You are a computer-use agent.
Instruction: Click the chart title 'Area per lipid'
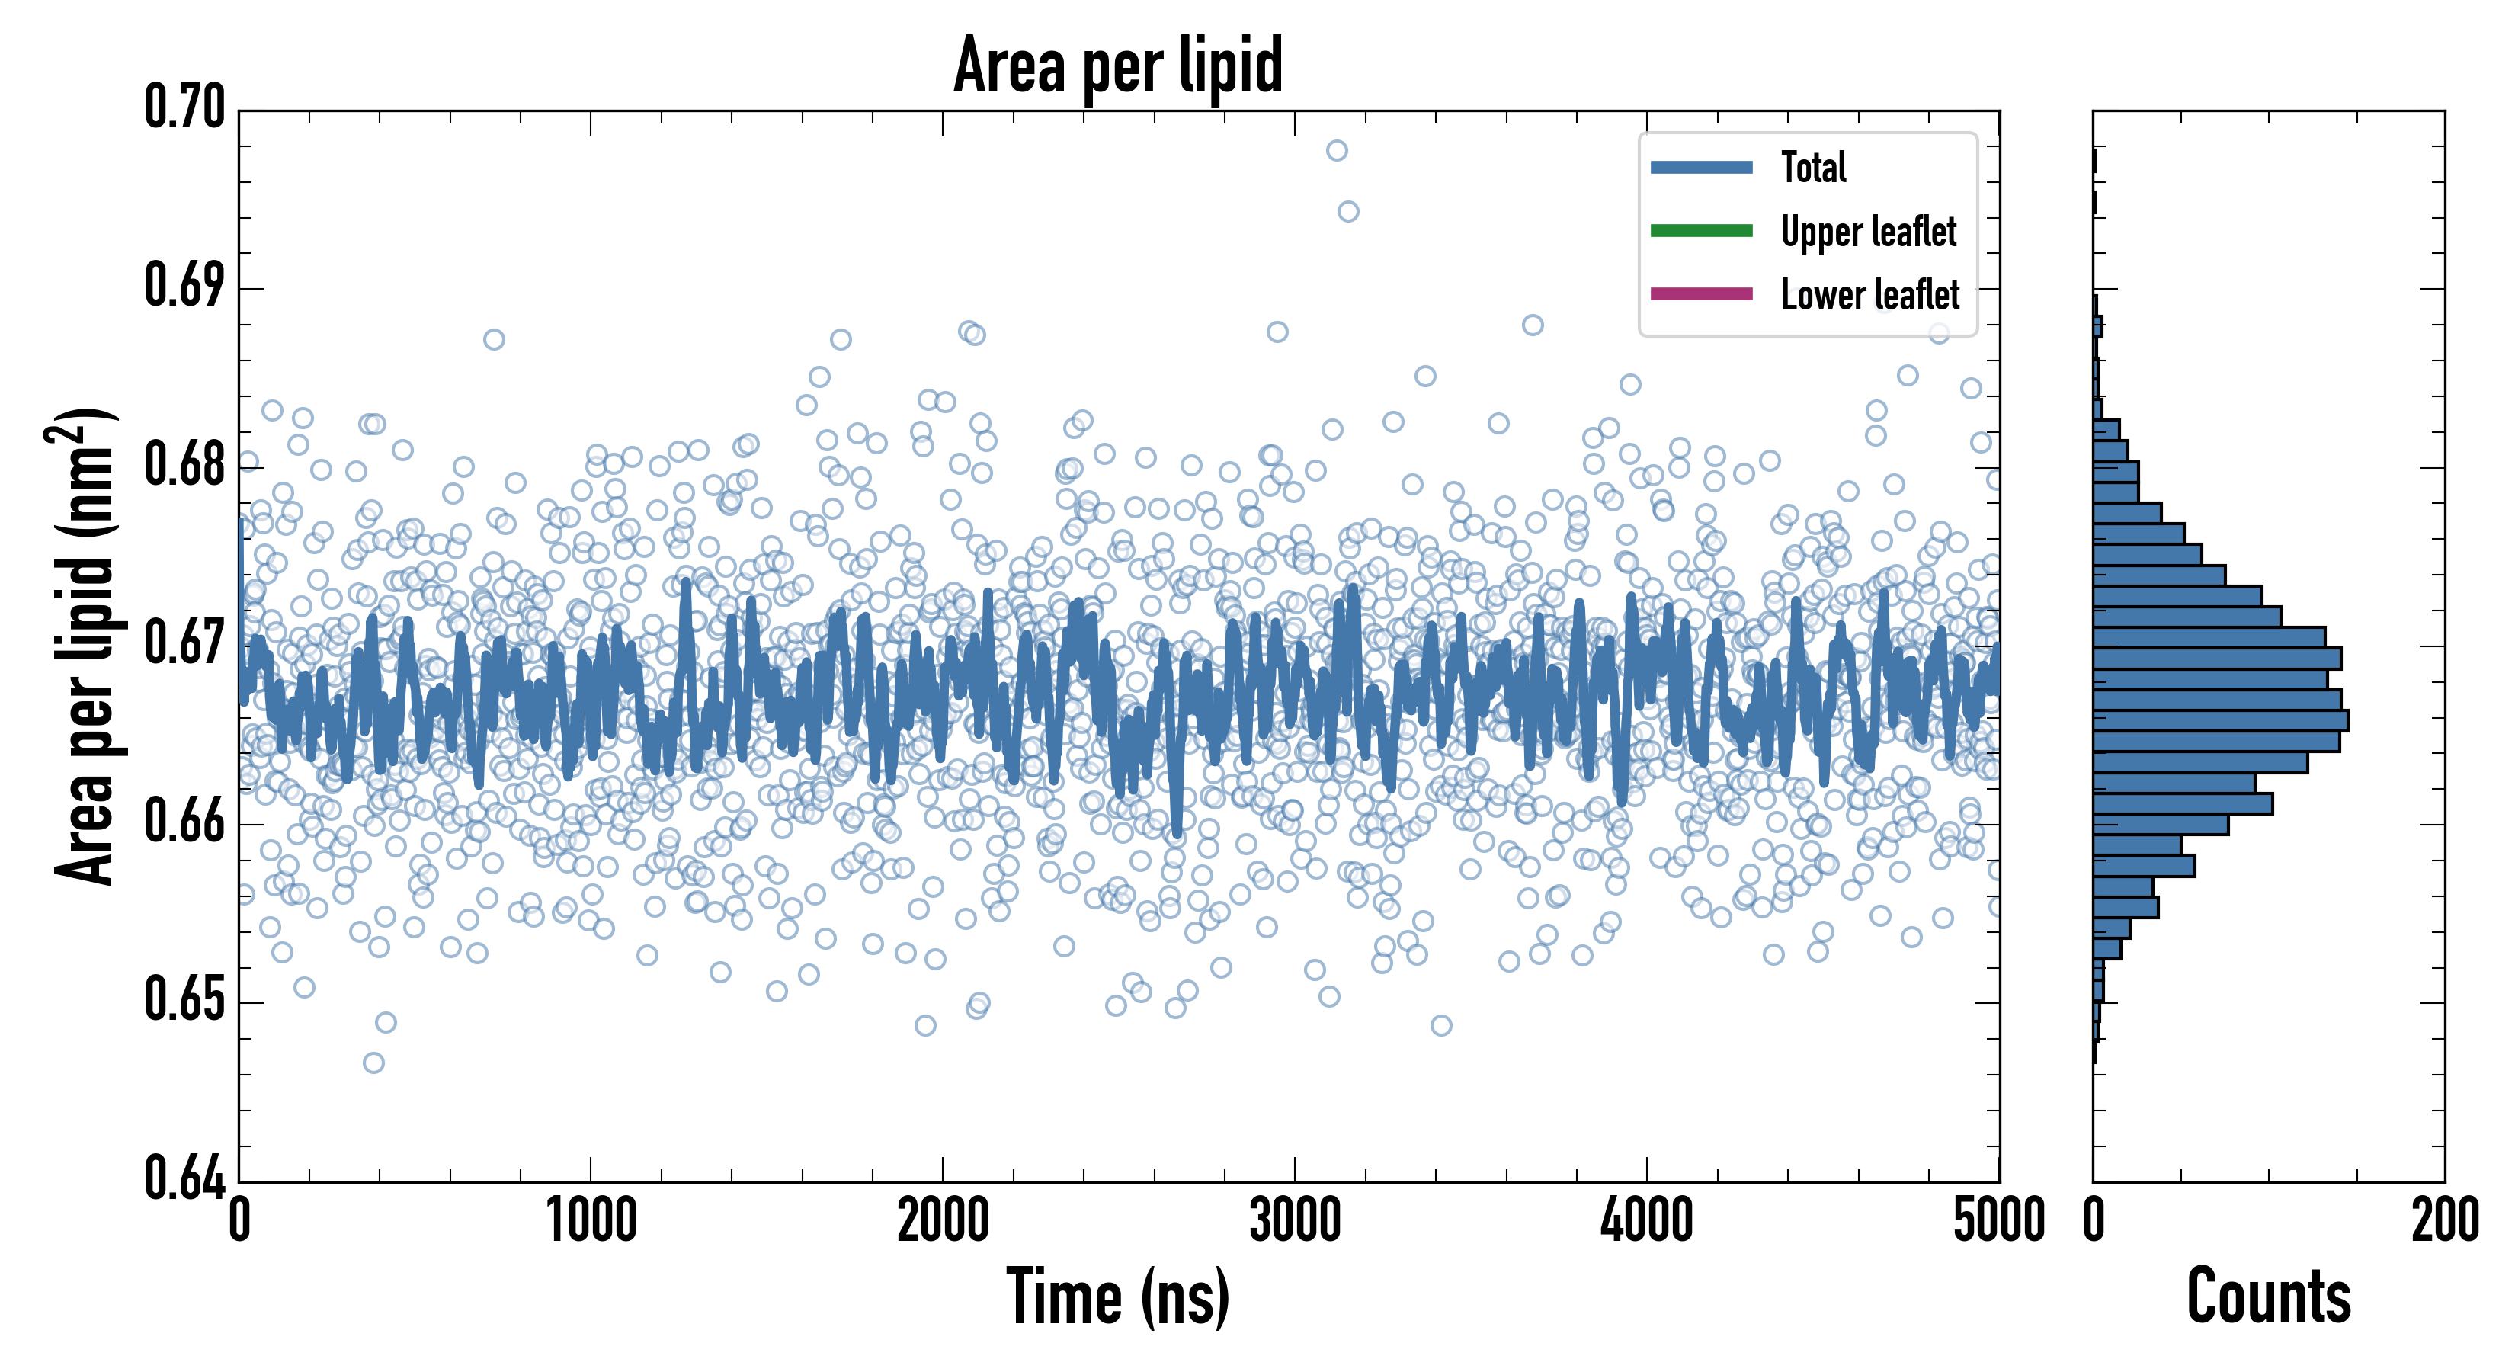(1118, 66)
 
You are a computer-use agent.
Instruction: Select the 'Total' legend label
(1813, 167)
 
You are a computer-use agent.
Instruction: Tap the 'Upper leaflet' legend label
(1868, 232)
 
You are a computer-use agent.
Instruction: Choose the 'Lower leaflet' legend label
(1869, 295)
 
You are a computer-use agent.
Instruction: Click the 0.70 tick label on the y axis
(184, 107)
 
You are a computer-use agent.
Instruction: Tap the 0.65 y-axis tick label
(184, 1000)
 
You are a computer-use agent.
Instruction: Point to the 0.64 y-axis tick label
(184, 1178)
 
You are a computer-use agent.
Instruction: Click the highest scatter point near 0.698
(1337, 150)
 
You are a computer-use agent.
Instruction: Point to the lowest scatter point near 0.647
(373, 1063)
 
